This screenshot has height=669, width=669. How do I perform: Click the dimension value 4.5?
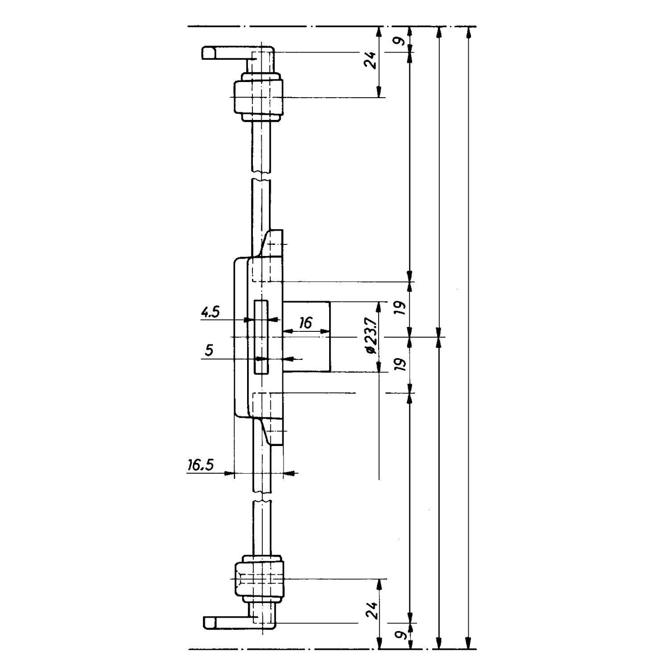click(x=210, y=313)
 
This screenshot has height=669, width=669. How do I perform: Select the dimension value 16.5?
click(x=200, y=466)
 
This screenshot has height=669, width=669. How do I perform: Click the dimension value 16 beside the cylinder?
click(x=306, y=322)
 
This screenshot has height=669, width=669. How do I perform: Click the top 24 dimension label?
click(x=370, y=60)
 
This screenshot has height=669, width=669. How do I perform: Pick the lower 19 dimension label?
click(x=401, y=364)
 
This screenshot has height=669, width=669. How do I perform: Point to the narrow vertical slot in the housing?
click(x=261, y=337)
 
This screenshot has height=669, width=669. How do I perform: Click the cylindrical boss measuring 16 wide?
click(x=306, y=337)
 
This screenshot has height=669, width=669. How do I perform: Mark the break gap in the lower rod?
click(x=261, y=497)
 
